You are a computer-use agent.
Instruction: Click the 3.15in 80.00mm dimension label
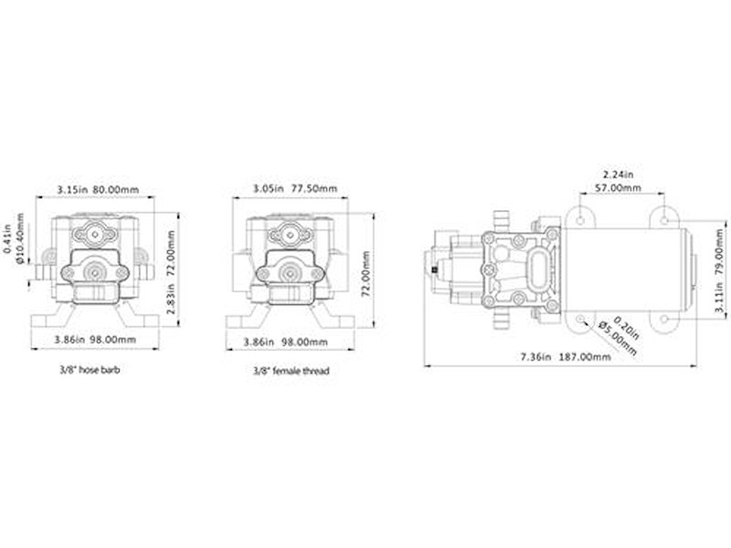coord(98,190)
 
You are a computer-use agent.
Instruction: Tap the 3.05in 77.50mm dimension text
coord(294,189)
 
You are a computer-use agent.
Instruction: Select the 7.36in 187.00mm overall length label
coord(566,357)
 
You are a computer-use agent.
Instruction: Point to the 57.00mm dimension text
coord(618,188)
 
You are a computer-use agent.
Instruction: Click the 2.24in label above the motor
coord(619,174)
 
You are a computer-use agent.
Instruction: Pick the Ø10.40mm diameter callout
coord(20,239)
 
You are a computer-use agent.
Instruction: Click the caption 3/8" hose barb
coord(90,370)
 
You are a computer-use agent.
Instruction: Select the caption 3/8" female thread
coord(291,371)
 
